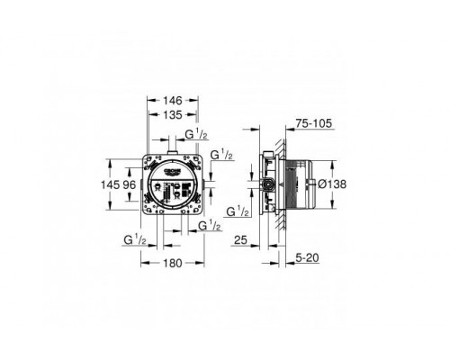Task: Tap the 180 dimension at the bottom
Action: coord(173,263)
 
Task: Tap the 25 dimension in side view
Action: coord(239,239)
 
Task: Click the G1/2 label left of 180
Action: coord(136,239)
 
